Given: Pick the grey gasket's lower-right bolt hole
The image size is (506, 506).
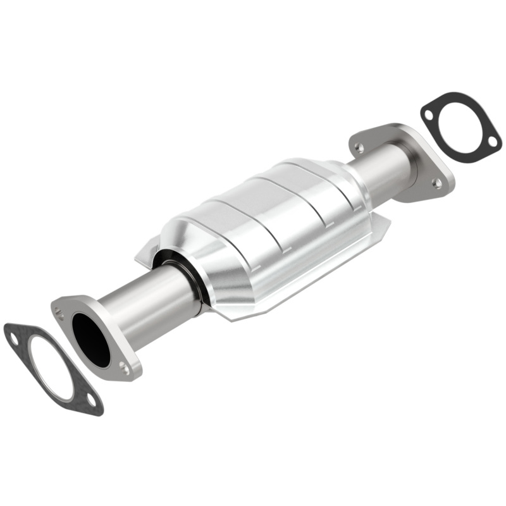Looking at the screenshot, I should point(92,400).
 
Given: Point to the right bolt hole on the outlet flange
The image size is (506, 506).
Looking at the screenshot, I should point(436,182).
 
